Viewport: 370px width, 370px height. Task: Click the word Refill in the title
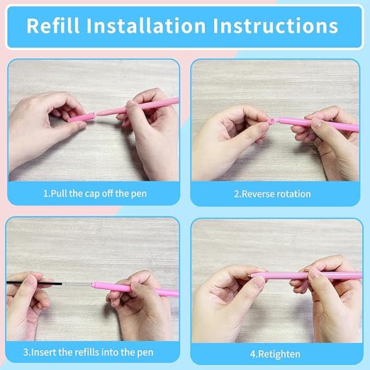(x=53, y=26)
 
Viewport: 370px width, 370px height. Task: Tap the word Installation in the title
(x=146, y=26)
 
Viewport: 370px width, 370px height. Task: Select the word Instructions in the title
(x=275, y=26)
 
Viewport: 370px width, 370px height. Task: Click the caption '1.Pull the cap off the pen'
(x=95, y=194)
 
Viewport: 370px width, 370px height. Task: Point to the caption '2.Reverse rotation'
(x=272, y=194)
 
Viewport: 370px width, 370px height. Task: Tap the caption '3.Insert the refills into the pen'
(x=88, y=352)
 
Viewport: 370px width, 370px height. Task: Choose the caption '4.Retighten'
(x=275, y=354)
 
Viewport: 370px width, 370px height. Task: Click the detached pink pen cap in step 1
(x=82, y=118)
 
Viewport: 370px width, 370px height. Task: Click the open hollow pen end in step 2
(x=271, y=121)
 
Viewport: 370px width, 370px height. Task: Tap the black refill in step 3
(x=35, y=283)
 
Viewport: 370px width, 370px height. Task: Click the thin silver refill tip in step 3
(x=77, y=284)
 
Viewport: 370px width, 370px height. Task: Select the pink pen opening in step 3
(x=94, y=285)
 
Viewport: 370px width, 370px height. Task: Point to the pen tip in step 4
(x=251, y=275)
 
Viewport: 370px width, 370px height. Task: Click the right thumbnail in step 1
(x=130, y=103)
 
